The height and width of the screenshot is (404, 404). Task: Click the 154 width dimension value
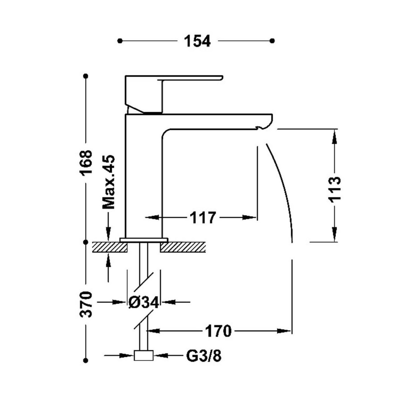(x=197, y=41)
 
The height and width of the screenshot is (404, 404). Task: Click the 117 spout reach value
(x=203, y=218)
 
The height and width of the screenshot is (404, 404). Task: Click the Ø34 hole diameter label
(x=144, y=302)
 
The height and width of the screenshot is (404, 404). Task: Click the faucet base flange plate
(x=144, y=240)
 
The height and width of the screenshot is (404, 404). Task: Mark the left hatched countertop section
(x=110, y=247)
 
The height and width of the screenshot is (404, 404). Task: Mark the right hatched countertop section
(x=183, y=247)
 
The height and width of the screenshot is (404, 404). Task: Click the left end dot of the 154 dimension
(x=120, y=41)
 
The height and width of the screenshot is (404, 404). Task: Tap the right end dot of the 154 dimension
(x=272, y=41)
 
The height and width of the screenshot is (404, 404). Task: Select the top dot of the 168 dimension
(x=85, y=76)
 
